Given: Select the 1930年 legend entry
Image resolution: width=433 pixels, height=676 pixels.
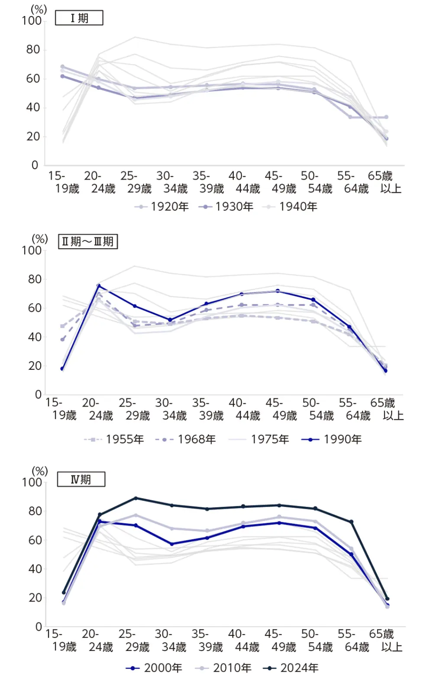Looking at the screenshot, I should pyautogui.click(x=226, y=207).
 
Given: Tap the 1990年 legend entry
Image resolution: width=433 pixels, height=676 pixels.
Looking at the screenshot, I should pyautogui.click(x=332, y=439).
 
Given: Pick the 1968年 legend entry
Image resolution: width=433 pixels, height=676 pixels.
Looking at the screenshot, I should pyautogui.click(x=186, y=439).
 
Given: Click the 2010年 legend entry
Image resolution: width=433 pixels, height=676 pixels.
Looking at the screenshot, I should pyautogui.click(x=223, y=668).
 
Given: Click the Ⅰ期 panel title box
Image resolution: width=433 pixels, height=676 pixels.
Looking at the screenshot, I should pyautogui.click(x=79, y=18).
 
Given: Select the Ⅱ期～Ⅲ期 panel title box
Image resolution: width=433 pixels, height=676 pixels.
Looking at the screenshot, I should pyautogui.click(x=88, y=241).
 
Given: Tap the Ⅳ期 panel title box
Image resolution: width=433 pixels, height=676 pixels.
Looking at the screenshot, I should pyautogui.click(x=81, y=479).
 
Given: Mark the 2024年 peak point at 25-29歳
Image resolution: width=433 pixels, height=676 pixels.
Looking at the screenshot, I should pyautogui.click(x=136, y=498).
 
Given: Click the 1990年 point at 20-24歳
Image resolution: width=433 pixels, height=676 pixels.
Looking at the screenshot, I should pyautogui.click(x=99, y=286).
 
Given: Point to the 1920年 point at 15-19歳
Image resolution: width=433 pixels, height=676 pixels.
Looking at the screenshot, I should pyautogui.click(x=62, y=67).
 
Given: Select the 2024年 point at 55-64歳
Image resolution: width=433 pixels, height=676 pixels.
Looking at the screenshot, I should pyautogui.click(x=351, y=522).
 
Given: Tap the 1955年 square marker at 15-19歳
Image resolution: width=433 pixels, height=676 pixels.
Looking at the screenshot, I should pyautogui.click(x=62, y=326).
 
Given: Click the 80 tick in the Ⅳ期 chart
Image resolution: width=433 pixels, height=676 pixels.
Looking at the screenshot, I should pyautogui.click(x=35, y=511).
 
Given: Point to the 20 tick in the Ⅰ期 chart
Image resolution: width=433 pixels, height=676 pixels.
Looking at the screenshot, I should pyautogui.click(x=33, y=136).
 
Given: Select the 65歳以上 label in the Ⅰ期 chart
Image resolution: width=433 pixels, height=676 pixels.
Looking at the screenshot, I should pyautogui.click(x=380, y=182).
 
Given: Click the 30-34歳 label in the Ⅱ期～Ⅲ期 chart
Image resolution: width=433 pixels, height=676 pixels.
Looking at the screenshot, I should pyautogui.click(x=174, y=409).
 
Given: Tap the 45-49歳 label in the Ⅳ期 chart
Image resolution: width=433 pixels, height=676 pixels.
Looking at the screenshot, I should pyautogui.click(x=284, y=640).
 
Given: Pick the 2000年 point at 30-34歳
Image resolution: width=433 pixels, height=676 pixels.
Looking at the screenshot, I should pyautogui.click(x=171, y=544).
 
